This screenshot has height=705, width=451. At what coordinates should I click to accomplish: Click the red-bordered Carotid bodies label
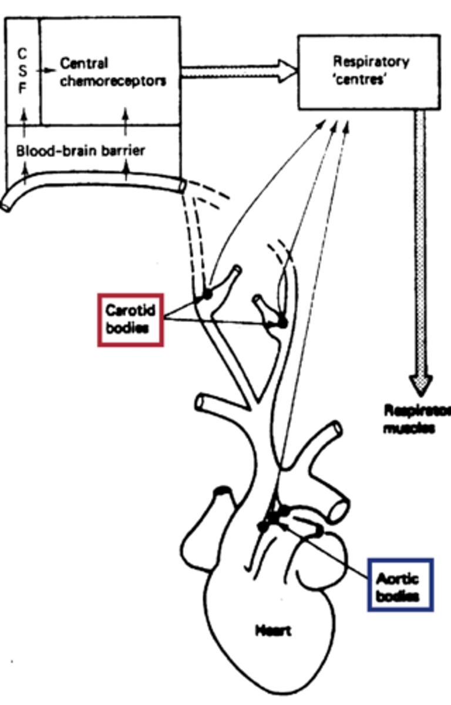pos(130,319)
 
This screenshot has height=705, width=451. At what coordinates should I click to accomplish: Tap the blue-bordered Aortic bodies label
pos(400,585)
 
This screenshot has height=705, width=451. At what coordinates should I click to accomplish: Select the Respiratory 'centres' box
pos(369,72)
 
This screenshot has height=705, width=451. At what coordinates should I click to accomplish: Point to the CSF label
pos(22,70)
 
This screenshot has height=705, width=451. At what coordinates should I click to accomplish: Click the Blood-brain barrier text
pos(80,151)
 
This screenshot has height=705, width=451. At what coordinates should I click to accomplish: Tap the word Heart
pos(273,631)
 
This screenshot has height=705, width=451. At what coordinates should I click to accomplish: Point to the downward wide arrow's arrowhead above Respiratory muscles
pos(420,385)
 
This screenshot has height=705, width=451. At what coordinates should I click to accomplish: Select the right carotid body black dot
pos(282,323)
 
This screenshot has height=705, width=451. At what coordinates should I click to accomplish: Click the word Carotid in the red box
pos(130,310)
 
